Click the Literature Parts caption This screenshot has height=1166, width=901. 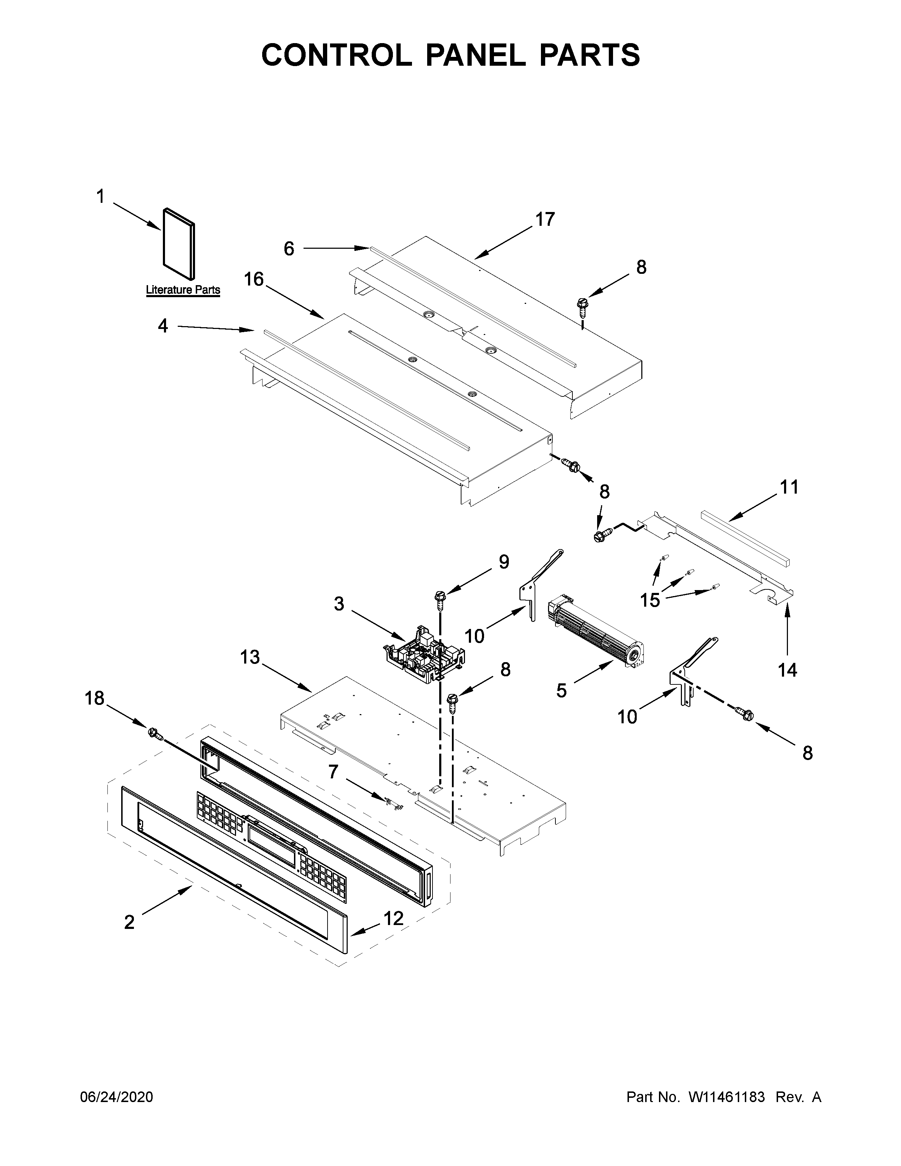click(x=183, y=290)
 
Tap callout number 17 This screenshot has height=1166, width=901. click(x=545, y=219)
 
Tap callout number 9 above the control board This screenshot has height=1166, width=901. click(x=503, y=562)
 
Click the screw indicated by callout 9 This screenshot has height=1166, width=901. click(x=441, y=600)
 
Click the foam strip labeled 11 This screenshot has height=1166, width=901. click(x=745, y=538)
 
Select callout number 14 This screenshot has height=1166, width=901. click(x=787, y=670)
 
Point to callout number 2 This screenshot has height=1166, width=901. click(x=129, y=922)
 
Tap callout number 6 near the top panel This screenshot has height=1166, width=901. click(x=289, y=248)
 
